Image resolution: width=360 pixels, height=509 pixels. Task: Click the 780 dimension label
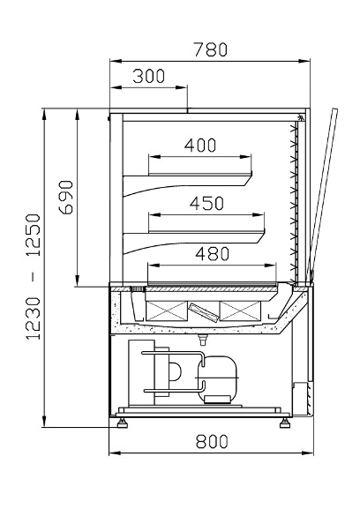tap(211, 49)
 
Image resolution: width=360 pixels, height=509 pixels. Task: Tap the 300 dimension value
tap(149, 76)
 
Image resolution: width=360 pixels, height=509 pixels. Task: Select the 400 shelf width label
tap(200, 145)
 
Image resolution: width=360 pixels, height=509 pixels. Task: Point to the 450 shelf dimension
tap(206, 203)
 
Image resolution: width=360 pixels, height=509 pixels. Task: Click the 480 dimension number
tap(213, 253)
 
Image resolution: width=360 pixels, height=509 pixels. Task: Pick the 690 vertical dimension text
tap(66, 197)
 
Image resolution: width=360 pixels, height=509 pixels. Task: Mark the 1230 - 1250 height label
tap(34, 277)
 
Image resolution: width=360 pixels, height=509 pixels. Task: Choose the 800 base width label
tap(212, 441)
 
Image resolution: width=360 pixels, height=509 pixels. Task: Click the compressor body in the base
tap(216, 378)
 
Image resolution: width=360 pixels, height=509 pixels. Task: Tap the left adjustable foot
tap(122, 423)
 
